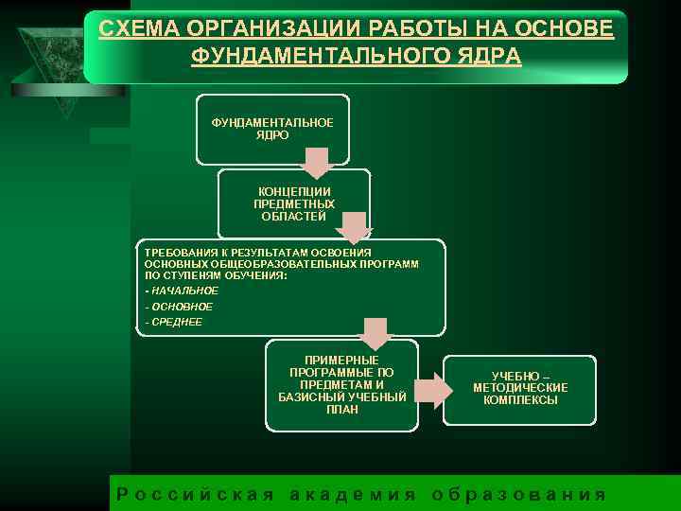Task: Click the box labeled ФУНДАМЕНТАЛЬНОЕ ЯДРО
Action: click(x=272, y=128)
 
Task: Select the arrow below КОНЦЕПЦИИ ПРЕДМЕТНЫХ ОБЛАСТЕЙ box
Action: click(x=355, y=228)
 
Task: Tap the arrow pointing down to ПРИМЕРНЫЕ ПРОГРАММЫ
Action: click(x=375, y=333)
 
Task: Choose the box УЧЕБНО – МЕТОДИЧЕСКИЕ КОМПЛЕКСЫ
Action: click(x=520, y=388)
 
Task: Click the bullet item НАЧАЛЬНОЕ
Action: click(x=183, y=291)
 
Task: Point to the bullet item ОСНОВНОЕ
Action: click(x=180, y=307)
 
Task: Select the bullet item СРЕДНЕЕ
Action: click(x=175, y=322)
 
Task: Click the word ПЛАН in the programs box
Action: click(x=342, y=409)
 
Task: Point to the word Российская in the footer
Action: click(x=195, y=494)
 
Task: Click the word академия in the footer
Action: click(x=352, y=494)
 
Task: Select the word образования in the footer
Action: click(x=517, y=494)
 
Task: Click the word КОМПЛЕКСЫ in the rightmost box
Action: click(x=520, y=400)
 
